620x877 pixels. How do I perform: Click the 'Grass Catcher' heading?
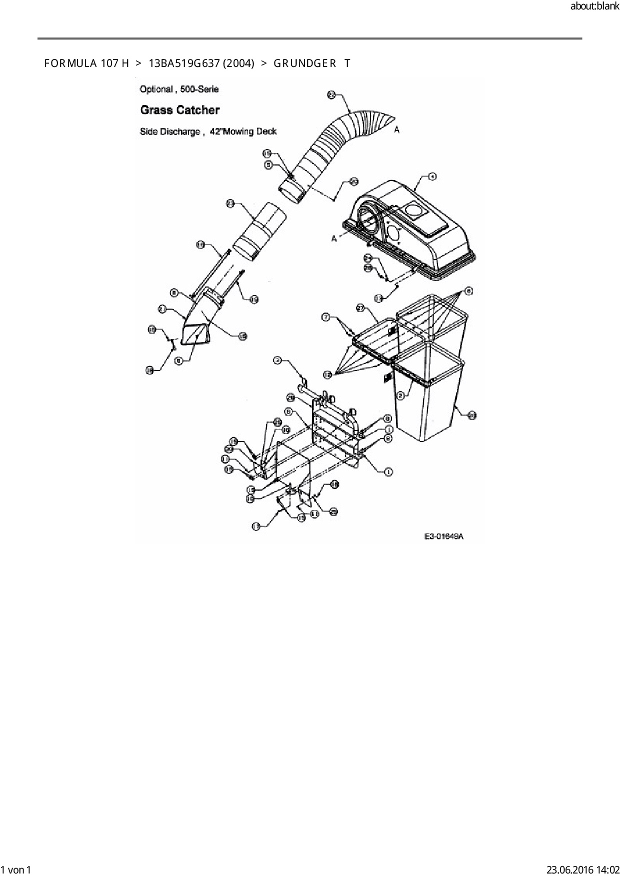coord(180,110)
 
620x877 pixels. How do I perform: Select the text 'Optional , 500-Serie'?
coord(179,89)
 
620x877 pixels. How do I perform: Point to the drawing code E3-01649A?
coord(444,536)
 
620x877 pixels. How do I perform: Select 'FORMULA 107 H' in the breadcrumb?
coord(86,63)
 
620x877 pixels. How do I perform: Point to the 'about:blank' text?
coord(594,6)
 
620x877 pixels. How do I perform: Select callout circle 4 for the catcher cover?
coord(432,176)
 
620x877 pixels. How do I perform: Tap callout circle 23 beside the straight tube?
coord(230,203)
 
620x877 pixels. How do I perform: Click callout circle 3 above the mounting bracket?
coord(277,359)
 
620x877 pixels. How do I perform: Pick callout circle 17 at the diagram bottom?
coord(256,526)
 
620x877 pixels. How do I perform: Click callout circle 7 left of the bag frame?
coord(325,317)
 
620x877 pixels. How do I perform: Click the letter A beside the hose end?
coord(397,130)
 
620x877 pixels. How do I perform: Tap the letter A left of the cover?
coord(334,239)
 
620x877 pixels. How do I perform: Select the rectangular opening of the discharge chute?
coord(195,333)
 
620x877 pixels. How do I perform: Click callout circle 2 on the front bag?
coord(400,395)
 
